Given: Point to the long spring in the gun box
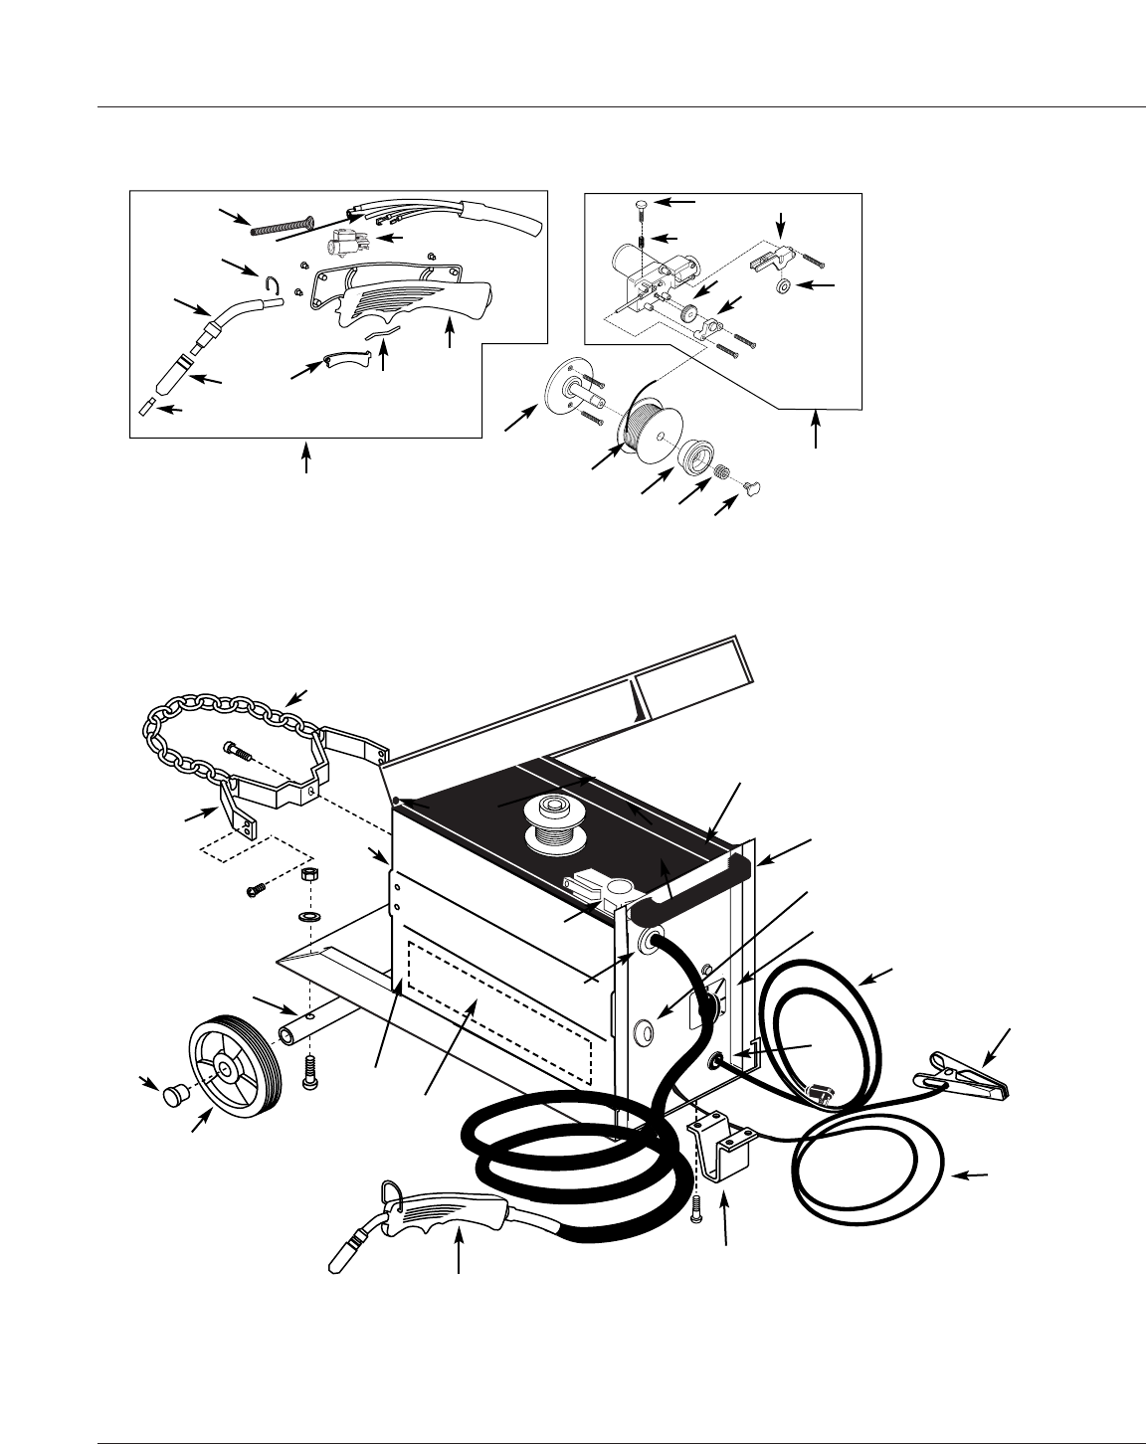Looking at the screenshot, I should pos(281,225).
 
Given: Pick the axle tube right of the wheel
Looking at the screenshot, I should pos(304,1024).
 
